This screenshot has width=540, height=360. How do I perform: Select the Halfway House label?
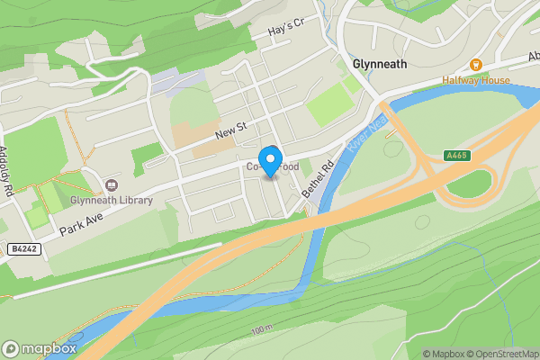pyautogui.click(x=475, y=79)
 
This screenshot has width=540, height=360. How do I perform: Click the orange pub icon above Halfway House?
pyautogui.click(x=476, y=64)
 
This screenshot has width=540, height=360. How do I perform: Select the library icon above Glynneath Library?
pyautogui.click(x=112, y=184)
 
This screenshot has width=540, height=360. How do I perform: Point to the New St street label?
pyautogui.click(x=230, y=133)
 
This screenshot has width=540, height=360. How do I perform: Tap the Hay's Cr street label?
pyautogui.click(x=287, y=32)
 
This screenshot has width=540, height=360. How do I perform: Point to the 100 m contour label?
pyautogui.click(x=261, y=330)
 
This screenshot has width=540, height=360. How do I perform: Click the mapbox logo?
pyautogui.click(x=39, y=348)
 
